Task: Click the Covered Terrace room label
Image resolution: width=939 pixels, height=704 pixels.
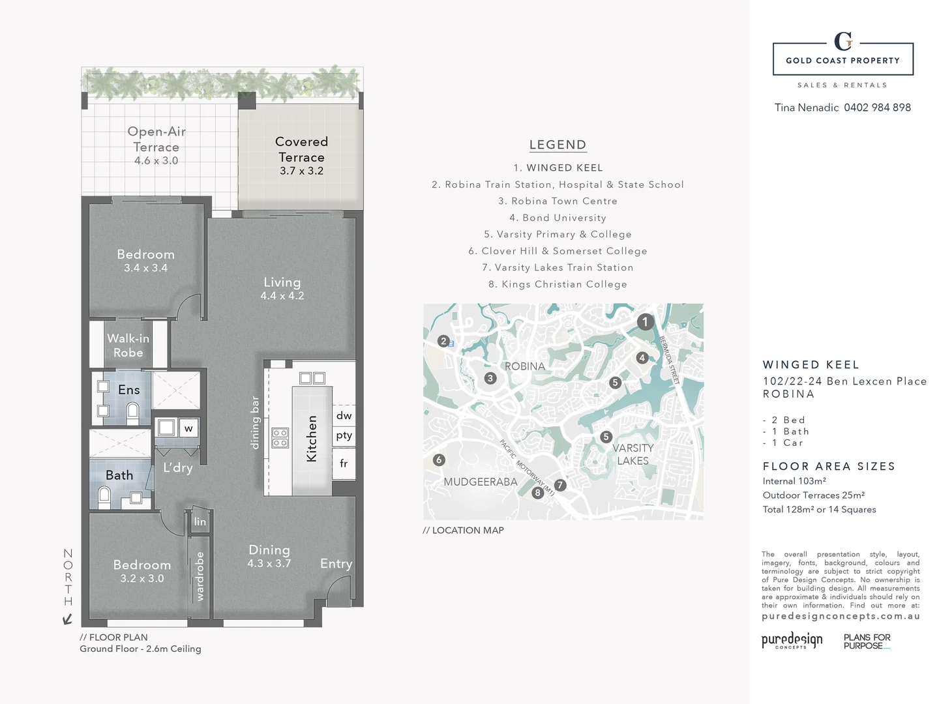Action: pos(301,149)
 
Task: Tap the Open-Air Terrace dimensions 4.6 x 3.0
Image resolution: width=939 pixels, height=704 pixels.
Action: pos(156,161)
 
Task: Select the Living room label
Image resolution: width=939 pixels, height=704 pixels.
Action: pos(282,282)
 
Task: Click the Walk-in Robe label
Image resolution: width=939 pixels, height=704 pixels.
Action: pos(128,345)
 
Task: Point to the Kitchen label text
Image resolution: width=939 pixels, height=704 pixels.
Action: pos(312,439)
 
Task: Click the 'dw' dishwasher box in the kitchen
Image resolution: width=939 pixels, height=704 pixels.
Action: pos(344,415)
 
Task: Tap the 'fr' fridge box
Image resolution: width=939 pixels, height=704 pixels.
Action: pos(344,463)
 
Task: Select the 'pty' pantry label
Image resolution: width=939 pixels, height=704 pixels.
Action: pos(344,435)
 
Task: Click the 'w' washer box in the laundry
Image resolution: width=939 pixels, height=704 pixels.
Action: pos(188,428)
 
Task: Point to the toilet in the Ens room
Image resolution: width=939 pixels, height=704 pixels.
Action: pos(132,410)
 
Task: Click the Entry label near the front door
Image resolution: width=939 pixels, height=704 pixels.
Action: pos(336,564)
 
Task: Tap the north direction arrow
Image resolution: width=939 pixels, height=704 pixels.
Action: pos(67,619)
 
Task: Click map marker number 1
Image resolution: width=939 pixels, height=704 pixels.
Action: pos(645,321)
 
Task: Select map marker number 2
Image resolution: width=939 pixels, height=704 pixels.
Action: pos(443,341)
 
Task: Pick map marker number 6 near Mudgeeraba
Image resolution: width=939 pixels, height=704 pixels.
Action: pos(439,460)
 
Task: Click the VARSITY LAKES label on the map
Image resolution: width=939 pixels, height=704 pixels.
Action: pos(633,454)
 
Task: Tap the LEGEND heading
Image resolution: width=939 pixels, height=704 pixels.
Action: pos(558,145)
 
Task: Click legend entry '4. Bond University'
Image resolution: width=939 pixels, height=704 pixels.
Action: pos(558,218)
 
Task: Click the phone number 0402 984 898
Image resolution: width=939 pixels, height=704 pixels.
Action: pos(877,108)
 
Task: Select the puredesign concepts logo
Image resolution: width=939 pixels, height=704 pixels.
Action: pos(792,640)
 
